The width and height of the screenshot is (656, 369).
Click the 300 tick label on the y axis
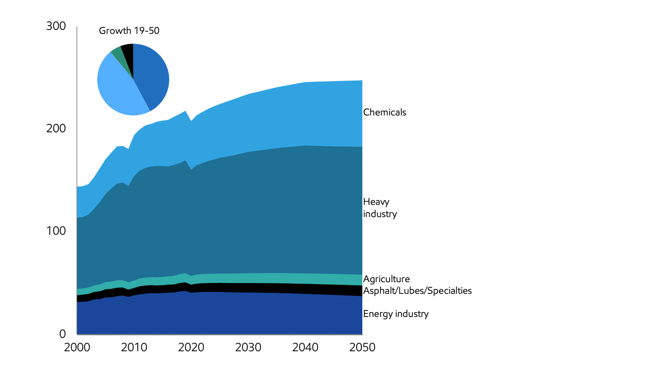[56, 26]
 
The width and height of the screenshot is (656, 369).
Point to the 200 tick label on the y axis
[56, 128]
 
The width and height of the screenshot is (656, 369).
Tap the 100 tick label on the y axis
[56, 231]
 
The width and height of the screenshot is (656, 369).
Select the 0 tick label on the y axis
[62, 334]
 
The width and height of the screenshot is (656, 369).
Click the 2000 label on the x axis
[77, 347]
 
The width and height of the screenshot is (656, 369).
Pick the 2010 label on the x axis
[134, 347]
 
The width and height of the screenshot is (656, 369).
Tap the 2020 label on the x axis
[191, 347]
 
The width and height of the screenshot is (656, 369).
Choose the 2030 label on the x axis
[248, 347]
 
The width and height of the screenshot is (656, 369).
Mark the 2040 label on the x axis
[305, 347]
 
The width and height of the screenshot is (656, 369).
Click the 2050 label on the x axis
[362, 347]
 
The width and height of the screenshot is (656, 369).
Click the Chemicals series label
[384, 112]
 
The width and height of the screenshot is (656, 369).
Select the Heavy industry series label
[380, 208]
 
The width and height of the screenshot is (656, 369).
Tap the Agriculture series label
[386, 279]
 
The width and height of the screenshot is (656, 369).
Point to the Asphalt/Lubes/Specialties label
[417, 291]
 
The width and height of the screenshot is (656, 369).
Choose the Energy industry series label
[396, 314]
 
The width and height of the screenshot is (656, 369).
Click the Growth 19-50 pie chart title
[129, 31]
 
